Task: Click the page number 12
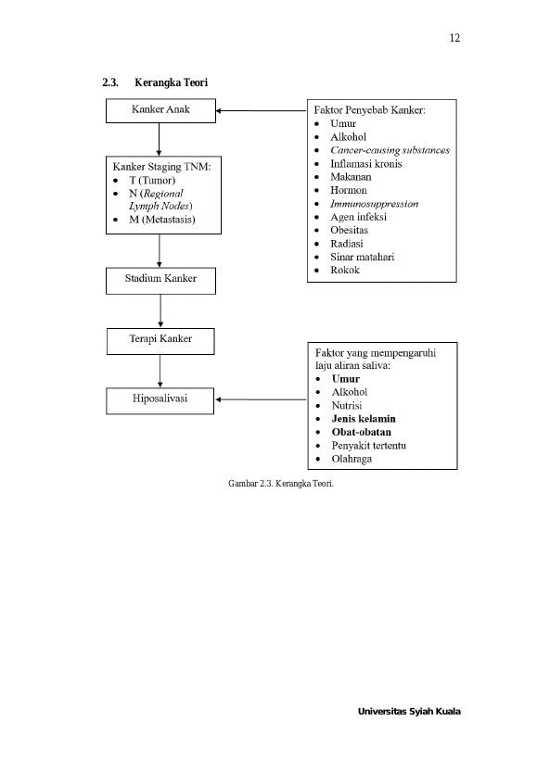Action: pos(454,38)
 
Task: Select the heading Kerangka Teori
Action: pos(171,82)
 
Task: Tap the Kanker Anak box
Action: pos(160,111)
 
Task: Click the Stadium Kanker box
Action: pos(160,281)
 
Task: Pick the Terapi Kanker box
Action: pos(160,341)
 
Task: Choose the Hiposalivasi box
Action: pos(160,400)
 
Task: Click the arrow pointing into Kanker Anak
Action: pos(262,111)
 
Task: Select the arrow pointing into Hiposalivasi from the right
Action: pos(262,399)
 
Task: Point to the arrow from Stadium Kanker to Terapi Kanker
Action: pos(160,311)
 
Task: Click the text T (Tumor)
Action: pos(152,180)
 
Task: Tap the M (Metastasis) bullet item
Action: pos(161,220)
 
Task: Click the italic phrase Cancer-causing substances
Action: pos(390,150)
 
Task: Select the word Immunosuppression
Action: pos(375,204)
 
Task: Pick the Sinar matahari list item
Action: pos(363,257)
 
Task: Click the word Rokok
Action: pos(345,270)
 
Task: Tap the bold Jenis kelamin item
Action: pos(364,419)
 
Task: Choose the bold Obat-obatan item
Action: pos(361,432)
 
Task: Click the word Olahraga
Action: pos(352,459)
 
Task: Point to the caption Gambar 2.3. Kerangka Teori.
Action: pos(281,484)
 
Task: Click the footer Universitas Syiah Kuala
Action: pos(409,712)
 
